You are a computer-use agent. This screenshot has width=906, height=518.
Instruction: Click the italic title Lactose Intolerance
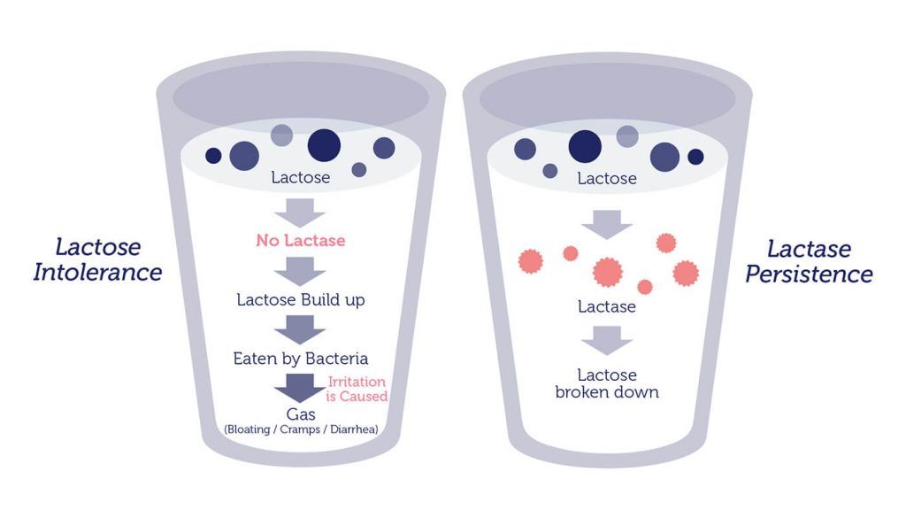(x=97, y=259)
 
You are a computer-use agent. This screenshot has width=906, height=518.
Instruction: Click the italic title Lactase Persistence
(x=809, y=261)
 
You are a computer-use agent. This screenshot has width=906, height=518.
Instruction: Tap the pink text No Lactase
(x=301, y=240)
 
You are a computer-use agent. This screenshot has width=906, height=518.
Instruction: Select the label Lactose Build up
(x=301, y=299)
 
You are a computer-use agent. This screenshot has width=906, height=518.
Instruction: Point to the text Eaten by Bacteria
(x=301, y=359)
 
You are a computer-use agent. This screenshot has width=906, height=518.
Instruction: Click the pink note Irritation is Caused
(x=357, y=389)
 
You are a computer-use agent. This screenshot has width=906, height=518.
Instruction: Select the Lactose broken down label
(x=607, y=383)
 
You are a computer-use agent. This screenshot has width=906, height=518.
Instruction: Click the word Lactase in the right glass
(x=607, y=306)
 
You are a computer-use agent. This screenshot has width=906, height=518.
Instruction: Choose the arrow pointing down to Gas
(x=300, y=388)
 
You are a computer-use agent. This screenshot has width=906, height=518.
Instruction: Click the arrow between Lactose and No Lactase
(x=301, y=212)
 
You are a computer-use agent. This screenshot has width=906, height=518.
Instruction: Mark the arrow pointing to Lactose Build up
(x=301, y=270)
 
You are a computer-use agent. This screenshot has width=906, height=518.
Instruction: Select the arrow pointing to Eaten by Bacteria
(x=301, y=329)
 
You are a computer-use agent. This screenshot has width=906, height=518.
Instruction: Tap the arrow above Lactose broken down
(x=607, y=339)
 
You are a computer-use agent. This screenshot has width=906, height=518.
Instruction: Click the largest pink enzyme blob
(x=607, y=270)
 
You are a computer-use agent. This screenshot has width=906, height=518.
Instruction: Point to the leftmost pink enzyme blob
(x=529, y=259)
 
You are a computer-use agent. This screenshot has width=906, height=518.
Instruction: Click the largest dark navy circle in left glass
(x=324, y=145)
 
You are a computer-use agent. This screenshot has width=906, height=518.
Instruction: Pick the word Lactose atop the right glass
(x=607, y=179)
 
